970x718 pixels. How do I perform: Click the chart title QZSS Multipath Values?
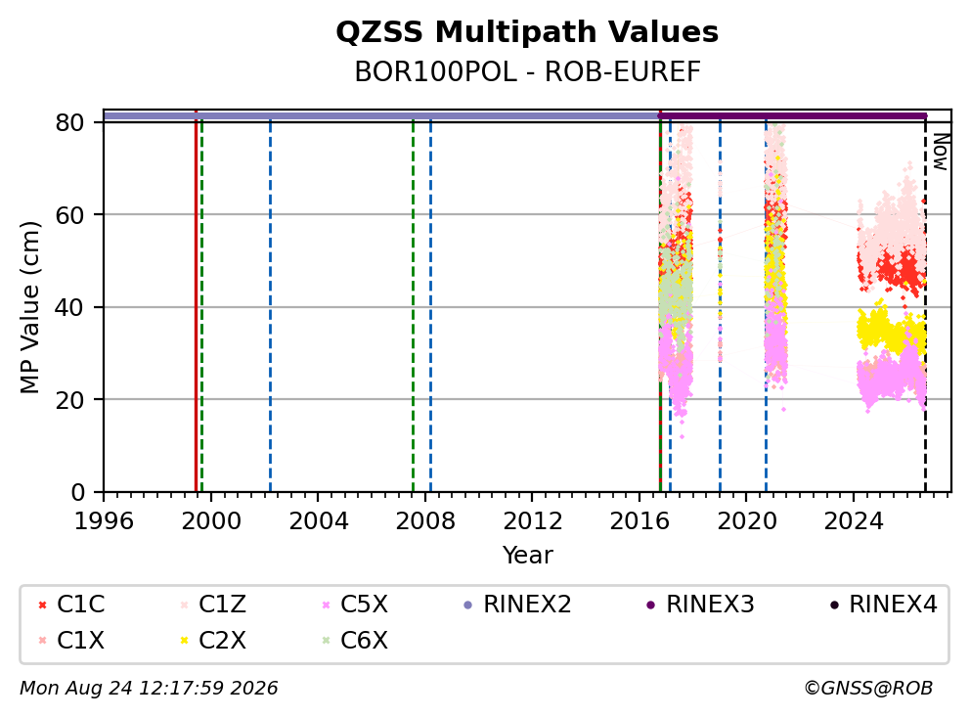pos(527,32)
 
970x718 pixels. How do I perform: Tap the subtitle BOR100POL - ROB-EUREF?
pos(527,72)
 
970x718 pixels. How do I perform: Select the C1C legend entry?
pos(71,605)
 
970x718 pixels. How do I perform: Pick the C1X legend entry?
pos(71,640)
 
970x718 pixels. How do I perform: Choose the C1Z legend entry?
pos(213,605)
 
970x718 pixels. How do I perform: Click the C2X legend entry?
pos(213,640)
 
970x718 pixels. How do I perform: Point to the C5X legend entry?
pos(355,605)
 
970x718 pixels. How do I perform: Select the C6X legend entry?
pos(355,640)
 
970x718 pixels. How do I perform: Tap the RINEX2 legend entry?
pos(518,605)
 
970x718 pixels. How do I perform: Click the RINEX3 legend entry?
pos(700,605)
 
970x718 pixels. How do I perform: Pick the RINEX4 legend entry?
pos(884,605)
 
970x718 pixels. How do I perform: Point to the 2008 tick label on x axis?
pos(425,521)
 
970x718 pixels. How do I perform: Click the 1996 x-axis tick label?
pos(104,521)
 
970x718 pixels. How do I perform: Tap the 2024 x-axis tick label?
pos(853,521)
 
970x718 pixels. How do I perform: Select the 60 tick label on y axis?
pos(69,215)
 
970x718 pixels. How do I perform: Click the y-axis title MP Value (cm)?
pos(29,307)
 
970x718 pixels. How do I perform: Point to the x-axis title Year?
pos(527,555)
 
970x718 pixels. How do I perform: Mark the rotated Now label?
pos(941,152)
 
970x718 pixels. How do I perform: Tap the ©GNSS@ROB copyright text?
pos(868,688)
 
